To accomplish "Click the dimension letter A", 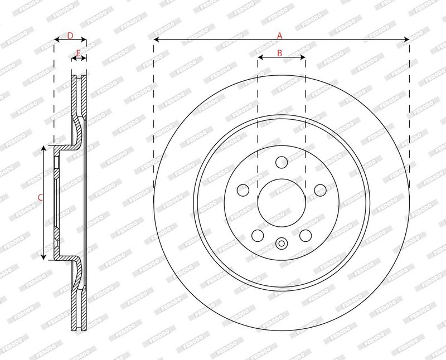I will pyautogui.click(x=280, y=35).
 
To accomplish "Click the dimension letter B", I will pyautogui.click(x=280, y=53).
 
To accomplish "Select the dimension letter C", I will pyautogui.click(x=40, y=197).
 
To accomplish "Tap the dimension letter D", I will pyautogui.click(x=70, y=36).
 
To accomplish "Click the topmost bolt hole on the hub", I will pyautogui.click(x=282, y=162).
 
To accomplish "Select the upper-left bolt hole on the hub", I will pyautogui.click(x=243, y=190).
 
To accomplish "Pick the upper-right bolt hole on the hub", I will pyautogui.click(x=320, y=190).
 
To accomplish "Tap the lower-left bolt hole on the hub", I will pyautogui.click(x=258, y=235).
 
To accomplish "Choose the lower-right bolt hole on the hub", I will pyautogui.click(x=306, y=235).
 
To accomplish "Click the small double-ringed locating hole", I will pyautogui.click(x=282, y=243).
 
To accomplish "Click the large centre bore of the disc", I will pyautogui.click(x=282, y=202).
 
